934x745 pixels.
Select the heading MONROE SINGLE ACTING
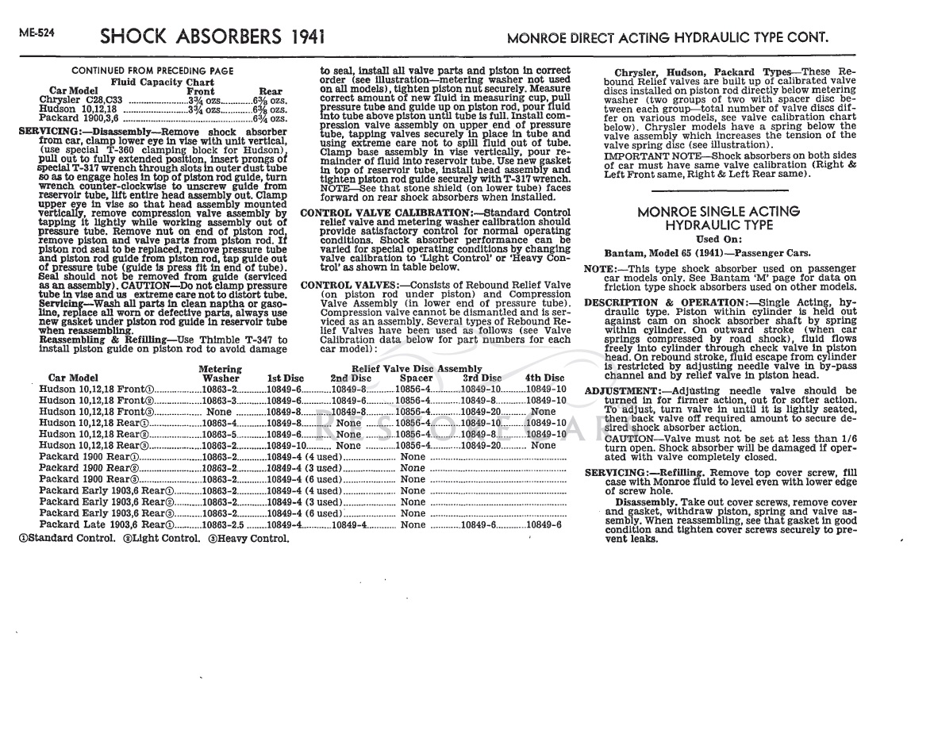pyautogui.click(x=719, y=212)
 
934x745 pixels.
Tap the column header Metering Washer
pyautogui.click(x=220, y=374)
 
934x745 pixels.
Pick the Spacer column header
pyautogui.click(x=416, y=378)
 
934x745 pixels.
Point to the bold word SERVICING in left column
pyautogui.click(x=46, y=131)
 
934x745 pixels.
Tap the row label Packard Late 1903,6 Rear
pyautogui.click(x=106, y=525)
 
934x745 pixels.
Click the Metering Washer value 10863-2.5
pyautogui.click(x=222, y=525)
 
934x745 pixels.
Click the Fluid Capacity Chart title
pyautogui.click(x=162, y=82)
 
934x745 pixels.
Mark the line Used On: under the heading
pyautogui.click(x=718, y=240)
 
